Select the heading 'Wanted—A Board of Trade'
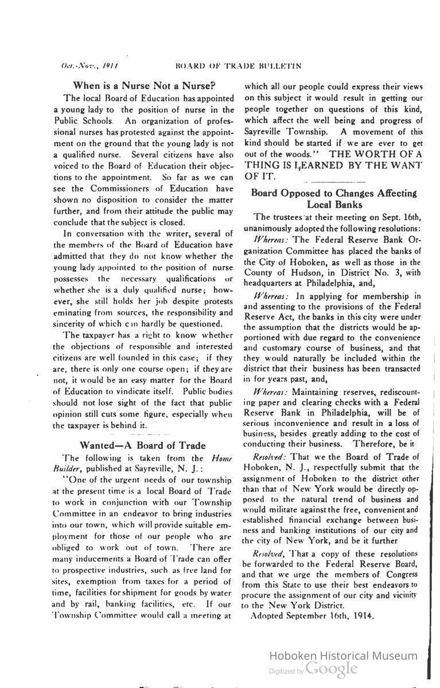[142, 445]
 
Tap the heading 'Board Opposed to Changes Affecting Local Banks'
[334, 198]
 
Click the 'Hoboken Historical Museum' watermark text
[344, 656]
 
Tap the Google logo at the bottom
[332, 669]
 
